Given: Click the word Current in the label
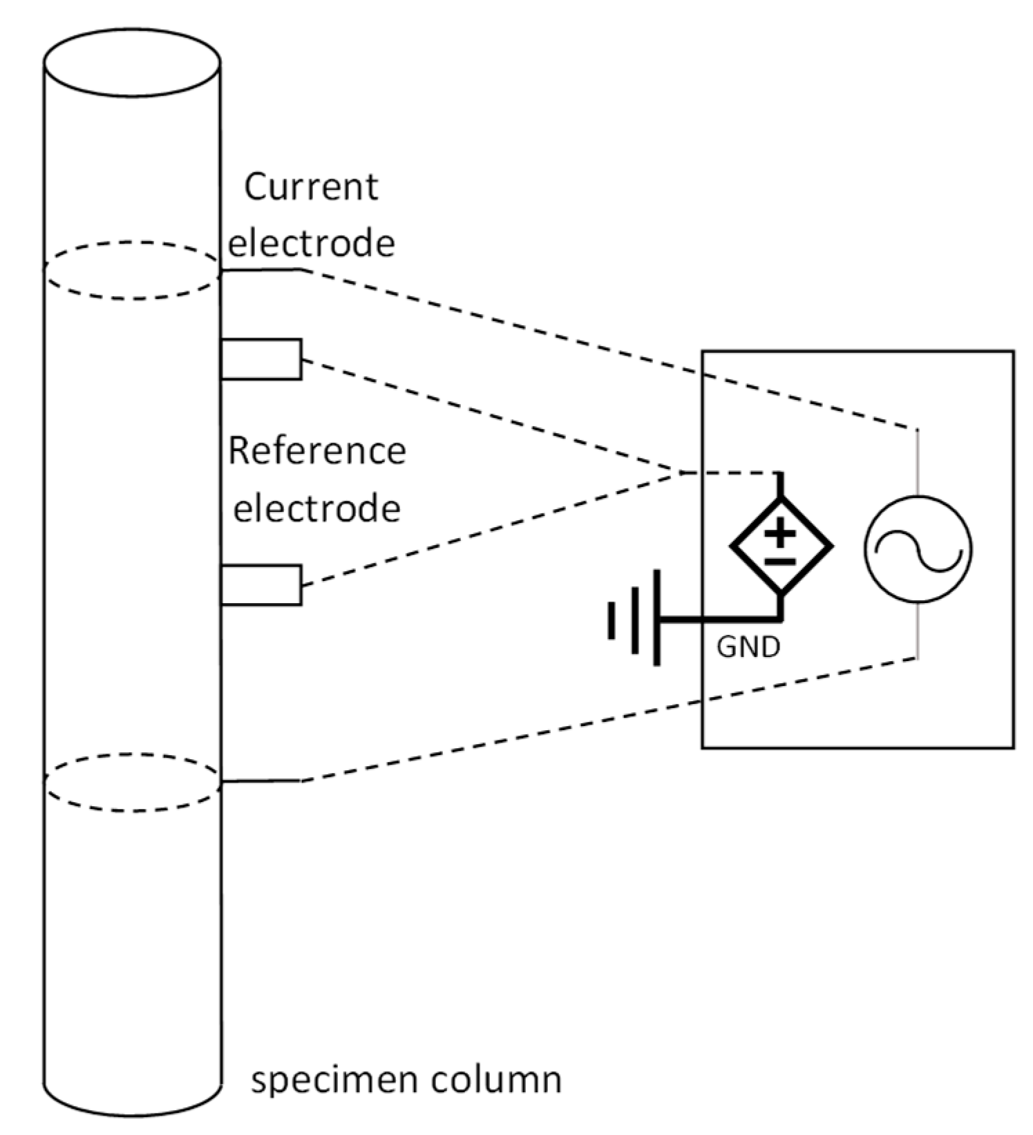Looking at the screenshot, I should (x=311, y=187).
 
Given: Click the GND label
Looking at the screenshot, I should (x=748, y=647).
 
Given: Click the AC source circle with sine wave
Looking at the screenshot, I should (x=917, y=549).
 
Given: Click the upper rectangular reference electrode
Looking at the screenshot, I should (x=261, y=359).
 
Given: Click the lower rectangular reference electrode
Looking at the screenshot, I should (x=261, y=585).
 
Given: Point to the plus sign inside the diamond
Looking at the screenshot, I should (x=781, y=533).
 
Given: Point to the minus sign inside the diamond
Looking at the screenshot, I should (x=781, y=561).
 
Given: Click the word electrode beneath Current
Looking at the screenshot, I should (x=312, y=243).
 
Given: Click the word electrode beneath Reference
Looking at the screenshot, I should (x=317, y=509).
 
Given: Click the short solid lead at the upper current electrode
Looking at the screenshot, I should (x=261, y=269).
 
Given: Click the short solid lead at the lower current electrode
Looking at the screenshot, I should (x=261, y=781).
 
